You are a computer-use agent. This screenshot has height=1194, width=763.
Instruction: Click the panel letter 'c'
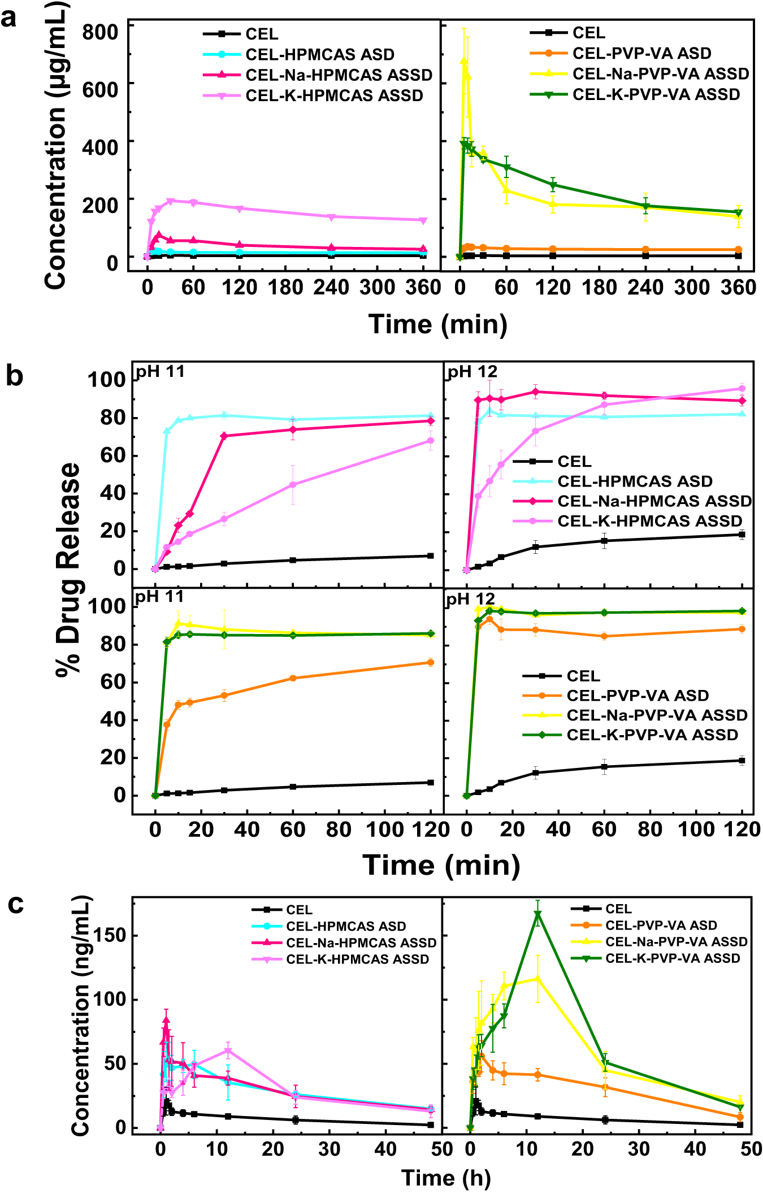15,904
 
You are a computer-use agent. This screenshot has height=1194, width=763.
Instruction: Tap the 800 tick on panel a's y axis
100,32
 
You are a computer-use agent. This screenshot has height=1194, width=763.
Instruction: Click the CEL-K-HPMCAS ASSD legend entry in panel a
333,95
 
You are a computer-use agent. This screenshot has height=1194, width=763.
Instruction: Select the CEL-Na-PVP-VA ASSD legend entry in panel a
660,74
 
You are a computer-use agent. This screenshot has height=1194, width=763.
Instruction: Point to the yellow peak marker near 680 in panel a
463,61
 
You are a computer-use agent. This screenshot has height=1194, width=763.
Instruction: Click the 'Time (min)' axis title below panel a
437,324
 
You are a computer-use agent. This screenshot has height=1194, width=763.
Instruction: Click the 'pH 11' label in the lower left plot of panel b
159,597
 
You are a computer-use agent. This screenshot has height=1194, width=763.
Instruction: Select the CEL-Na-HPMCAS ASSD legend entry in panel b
654,501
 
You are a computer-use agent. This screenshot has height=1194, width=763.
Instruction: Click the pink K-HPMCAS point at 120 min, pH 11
431,441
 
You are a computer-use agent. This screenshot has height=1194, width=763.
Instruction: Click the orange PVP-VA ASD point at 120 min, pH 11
431,662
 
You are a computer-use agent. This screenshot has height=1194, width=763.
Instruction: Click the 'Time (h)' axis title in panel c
446,1178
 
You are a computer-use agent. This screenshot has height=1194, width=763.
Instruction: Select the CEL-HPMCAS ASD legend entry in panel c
345,927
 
